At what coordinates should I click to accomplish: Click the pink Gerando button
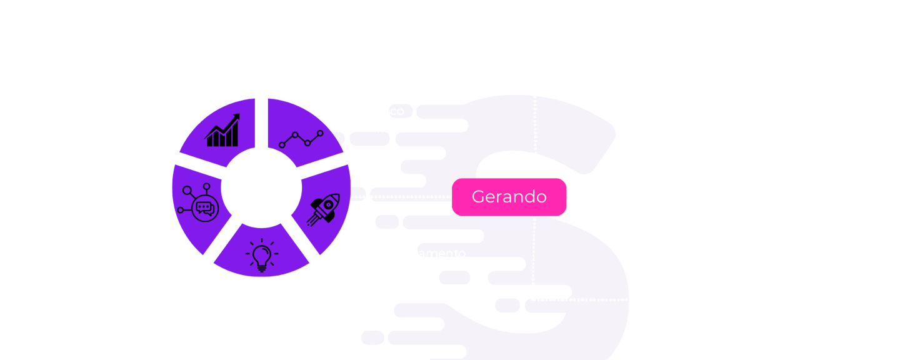[509, 197]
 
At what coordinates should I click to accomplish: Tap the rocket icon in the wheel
[322, 209]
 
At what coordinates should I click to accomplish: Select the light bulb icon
[262, 255]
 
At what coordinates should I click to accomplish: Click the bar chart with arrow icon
[223, 130]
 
